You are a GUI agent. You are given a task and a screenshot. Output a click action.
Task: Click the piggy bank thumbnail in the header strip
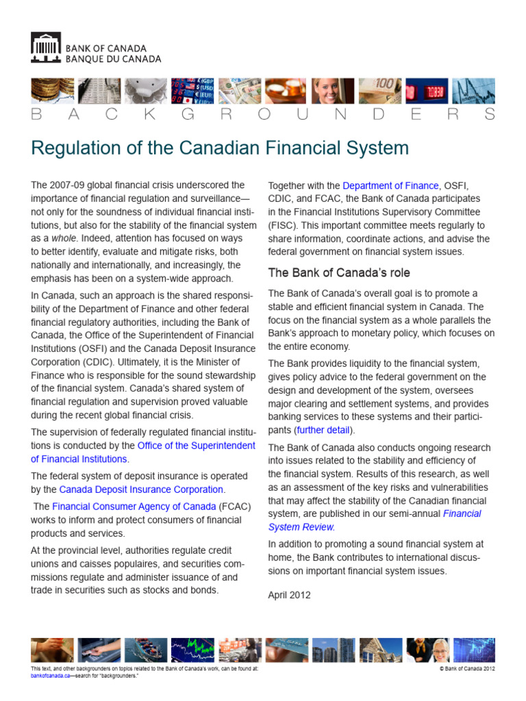[146, 90]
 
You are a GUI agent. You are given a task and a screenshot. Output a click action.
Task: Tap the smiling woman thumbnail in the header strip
[334, 90]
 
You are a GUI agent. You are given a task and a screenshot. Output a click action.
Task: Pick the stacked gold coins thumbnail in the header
[52, 90]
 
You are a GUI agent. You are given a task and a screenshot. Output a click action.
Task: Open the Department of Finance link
[390, 186]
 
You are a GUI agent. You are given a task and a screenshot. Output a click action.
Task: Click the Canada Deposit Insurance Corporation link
[141, 489]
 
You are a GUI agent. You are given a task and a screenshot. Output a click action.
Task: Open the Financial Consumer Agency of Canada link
[134, 507]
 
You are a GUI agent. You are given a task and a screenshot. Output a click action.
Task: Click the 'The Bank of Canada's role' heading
[339, 272]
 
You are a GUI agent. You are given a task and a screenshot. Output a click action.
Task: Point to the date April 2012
[289, 595]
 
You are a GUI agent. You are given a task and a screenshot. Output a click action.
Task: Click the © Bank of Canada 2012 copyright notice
[466, 668]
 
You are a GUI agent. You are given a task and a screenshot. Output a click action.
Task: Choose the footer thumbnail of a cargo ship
[146, 650]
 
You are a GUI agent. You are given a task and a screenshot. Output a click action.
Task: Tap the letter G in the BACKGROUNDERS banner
[186, 114]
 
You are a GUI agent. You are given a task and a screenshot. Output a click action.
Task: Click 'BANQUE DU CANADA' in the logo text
[113, 59]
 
